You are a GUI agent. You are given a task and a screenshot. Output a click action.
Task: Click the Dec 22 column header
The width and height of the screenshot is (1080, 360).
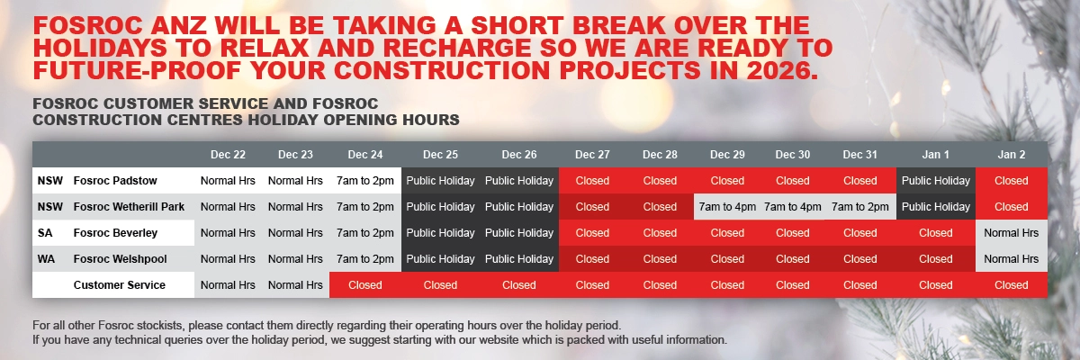pyautogui.click(x=228, y=155)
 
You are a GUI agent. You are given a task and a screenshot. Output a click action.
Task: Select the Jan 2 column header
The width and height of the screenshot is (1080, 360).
pyautogui.click(x=1011, y=155)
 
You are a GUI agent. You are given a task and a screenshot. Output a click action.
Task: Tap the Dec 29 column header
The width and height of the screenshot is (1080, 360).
pyautogui.click(x=727, y=155)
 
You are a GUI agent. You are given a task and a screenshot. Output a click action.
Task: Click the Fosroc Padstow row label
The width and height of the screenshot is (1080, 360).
pyautogui.click(x=115, y=181)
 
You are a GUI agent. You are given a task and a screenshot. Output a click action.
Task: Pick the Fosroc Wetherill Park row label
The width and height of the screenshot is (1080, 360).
pyautogui.click(x=129, y=207)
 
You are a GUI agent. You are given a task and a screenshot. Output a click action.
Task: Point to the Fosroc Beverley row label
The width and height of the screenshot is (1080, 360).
pyautogui.click(x=115, y=233)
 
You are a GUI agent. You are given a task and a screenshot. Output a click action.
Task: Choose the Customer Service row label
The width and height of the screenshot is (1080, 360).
pyautogui.click(x=120, y=285)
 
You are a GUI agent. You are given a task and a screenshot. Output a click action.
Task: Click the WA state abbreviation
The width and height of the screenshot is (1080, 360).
pyautogui.click(x=46, y=259)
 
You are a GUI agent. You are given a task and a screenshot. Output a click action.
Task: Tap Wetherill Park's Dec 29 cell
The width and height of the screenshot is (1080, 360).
pyautogui.click(x=727, y=207)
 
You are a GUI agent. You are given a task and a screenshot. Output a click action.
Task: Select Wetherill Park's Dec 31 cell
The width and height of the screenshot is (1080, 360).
pyautogui.click(x=859, y=207)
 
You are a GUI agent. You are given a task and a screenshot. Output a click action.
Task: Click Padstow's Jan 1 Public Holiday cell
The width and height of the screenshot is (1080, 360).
pyautogui.click(x=935, y=181)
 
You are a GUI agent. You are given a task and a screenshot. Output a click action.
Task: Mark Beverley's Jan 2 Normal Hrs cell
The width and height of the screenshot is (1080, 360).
pyautogui.click(x=1011, y=233)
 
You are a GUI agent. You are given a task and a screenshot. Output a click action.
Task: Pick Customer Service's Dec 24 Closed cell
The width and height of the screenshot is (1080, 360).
pyautogui.click(x=364, y=285)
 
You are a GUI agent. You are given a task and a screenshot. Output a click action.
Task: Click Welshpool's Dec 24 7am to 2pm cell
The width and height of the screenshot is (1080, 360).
pyautogui.click(x=364, y=259)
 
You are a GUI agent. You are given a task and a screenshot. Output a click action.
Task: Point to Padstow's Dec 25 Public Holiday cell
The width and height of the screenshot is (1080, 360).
pyautogui.click(x=440, y=181)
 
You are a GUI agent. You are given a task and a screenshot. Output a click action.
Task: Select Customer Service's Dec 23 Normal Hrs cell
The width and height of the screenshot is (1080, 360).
pyautogui.click(x=295, y=285)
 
